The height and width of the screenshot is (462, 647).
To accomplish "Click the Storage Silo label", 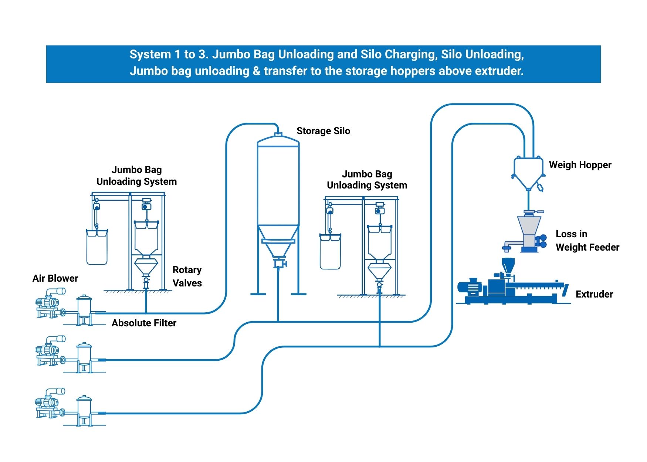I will click(323, 131).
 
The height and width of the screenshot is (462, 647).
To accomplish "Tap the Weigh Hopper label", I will click(580, 165).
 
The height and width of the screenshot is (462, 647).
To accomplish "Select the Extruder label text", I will click(594, 294).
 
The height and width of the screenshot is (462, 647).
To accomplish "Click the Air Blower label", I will click(55, 278).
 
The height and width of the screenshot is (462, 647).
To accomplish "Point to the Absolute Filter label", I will click(144, 323).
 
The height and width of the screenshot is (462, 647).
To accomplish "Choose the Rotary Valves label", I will click(187, 276).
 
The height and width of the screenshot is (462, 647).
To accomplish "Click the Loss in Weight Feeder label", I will click(587, 241).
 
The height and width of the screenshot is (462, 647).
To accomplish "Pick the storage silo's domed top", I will click(278, 141).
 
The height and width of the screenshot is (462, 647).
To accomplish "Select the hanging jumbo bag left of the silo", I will click(97, 247).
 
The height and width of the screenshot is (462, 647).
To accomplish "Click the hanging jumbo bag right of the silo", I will click(330, 251).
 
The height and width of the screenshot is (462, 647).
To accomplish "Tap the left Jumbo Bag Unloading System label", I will click(136, 176).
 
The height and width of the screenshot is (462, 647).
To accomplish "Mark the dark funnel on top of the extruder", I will click(508, 265).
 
